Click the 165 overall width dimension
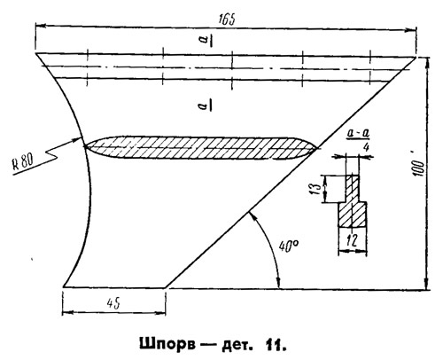pyautogui.click(x=227, y=20)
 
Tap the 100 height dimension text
pyautogui.click(x=419, y=168)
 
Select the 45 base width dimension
pyautogui.click(x=113, y=303)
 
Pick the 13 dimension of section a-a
pyautogui.click(x=315, y=188)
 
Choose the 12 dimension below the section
pyautogui.click(x=353, y=240)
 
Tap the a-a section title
pyautogui.click(x=358, y=134)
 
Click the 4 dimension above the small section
pyautogui.click(x=366, y=147)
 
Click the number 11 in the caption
pyautogui.click(x=276, y=344)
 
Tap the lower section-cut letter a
pyautogui.click(x=205, y=105)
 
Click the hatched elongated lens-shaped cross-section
pyautogui.click(x=201, y=147)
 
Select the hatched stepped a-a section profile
pyautogui.click(x=354, y=201)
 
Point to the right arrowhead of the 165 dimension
pyautogui.click(x=411, y=30)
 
